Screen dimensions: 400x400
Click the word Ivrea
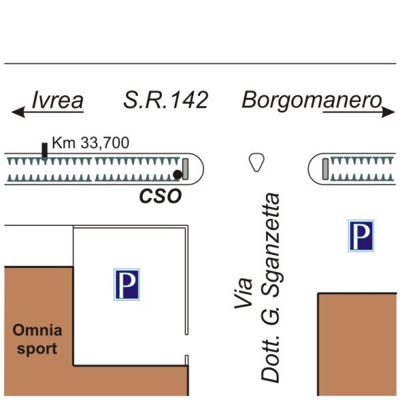tap(58, 101)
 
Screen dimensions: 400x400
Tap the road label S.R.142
tap(166, 100)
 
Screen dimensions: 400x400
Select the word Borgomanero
tap(311, 100)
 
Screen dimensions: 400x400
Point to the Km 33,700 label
tap(91, 142)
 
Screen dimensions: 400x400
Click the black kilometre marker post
tap(45, 150)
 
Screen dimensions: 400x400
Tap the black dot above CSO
tap(177, 175)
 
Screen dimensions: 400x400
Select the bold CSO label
tap(160, 197)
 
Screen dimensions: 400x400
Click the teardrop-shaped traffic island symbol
tap(255, 162)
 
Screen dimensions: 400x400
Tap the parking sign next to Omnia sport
tap(126, 284)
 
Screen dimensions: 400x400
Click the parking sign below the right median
tap(361, 236)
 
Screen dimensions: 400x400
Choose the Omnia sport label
tap(37, 339)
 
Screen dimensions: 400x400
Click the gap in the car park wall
tap(187, 345)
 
